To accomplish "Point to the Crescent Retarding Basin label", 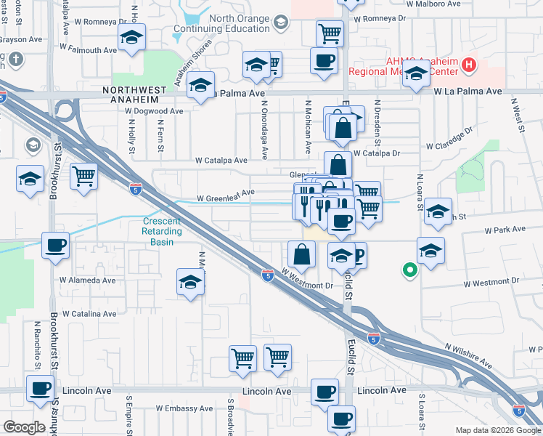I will [x=162, y=232].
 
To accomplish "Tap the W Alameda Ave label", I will [x=87, y=280].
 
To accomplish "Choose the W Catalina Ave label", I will [x=89, y=314].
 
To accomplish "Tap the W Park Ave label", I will [x=505, y=229].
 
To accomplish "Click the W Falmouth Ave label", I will [x=88, y=50].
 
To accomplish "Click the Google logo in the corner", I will [x=24, y=427].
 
